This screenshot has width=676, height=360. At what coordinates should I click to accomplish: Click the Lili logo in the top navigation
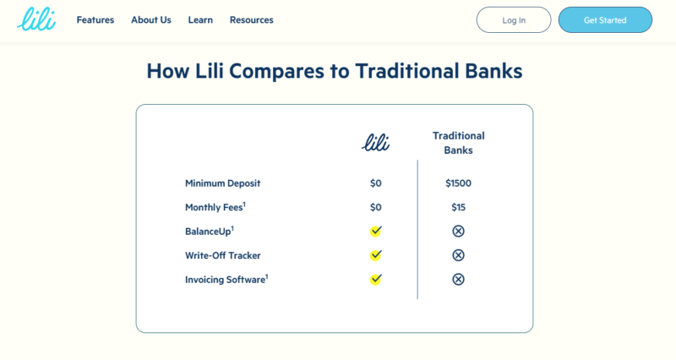point(36,19)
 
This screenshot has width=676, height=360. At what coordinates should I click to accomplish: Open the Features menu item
point(95,19)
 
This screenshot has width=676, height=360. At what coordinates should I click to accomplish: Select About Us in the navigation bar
point(151,19)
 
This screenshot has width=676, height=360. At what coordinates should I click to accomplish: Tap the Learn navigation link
point(200,19)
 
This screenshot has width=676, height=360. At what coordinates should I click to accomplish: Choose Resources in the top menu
point(251,19)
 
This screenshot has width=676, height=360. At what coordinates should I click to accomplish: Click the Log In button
point(514,19)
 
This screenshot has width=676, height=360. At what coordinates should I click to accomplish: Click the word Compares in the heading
point(276,71)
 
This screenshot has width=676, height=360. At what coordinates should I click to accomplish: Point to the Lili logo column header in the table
point(375,142)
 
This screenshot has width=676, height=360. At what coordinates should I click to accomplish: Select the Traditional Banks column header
point(458,143)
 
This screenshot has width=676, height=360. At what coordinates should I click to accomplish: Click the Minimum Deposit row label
point(222,183)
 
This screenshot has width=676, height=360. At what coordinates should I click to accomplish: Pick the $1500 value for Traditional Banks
point(458,183)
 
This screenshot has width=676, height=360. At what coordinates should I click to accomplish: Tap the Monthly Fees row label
point(215,207)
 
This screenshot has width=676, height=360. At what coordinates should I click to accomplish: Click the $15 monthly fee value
point(458,207)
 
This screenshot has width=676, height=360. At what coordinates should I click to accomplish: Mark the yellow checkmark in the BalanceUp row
point(375,231)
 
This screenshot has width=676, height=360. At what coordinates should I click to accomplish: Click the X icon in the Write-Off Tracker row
point(458,255)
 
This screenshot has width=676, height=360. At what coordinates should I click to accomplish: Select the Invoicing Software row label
point(226,280)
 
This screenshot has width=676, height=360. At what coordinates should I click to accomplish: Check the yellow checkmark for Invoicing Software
point(375,280)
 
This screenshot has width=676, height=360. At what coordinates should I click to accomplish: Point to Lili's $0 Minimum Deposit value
point(375,183)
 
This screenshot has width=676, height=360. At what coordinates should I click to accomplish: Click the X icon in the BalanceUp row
point(458,231)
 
